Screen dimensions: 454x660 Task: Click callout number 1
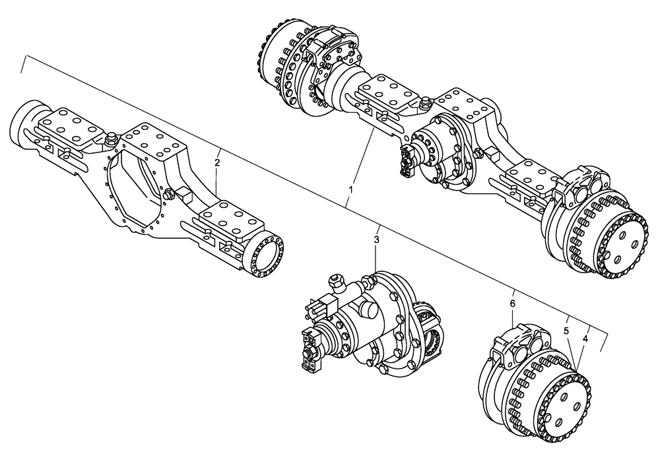pos(351,189)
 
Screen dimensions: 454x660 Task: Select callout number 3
pos(376,239)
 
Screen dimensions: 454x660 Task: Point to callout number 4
pos(585,339)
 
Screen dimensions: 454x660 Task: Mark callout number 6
pos(513,304)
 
